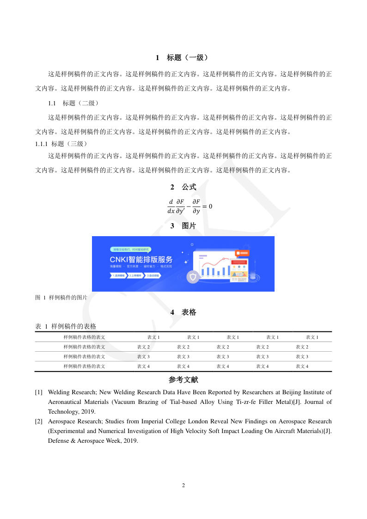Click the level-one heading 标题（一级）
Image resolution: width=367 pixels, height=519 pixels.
tap(187, 58)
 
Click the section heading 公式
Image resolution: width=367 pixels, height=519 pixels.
tap(189, 187)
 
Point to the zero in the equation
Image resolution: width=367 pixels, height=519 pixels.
tap(210, 206)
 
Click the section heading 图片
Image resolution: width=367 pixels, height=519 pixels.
tap(189, 226)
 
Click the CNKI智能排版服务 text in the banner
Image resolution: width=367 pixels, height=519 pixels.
tap(141, 259)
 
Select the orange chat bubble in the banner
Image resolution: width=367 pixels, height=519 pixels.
tap(242, 253)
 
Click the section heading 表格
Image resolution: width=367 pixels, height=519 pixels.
tap(189, 312)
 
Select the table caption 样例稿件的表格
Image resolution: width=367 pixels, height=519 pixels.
tap(73, 326)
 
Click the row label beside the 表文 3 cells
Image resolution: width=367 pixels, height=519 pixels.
tap(84, 357)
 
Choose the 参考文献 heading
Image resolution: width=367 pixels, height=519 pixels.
tap(183, 380)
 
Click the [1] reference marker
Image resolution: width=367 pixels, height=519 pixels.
tap(39, 392)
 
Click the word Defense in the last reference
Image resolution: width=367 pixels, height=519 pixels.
tap(58, 441)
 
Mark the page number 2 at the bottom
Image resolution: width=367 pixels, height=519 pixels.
tap(183, 485)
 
